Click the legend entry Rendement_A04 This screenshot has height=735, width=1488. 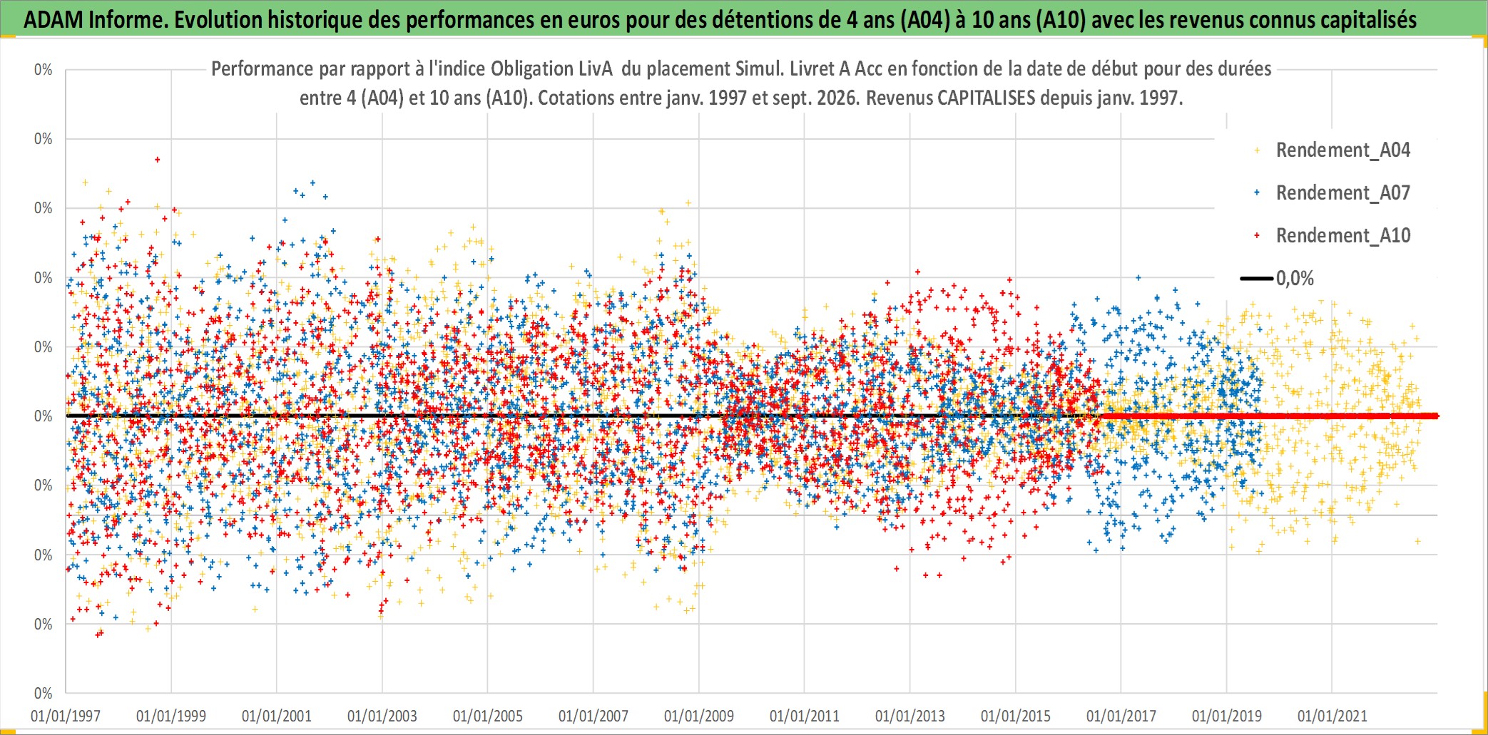(1332, 150)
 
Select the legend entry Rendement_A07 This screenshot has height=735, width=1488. (1332, 192)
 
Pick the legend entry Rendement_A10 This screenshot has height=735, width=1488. (1332, 235)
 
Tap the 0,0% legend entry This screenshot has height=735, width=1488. (1277, 278)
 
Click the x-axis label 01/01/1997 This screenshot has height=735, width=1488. (66, 716)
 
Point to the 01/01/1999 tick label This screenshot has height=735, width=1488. (171, 716)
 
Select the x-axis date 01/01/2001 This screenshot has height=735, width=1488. (277, 716)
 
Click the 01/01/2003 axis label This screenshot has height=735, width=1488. (382, 716)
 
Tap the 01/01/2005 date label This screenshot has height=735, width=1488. (488, 716)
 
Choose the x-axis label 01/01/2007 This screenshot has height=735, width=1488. (593, 716)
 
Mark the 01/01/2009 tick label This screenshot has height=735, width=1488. (699, 716)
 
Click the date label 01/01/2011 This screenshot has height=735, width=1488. (805, 716)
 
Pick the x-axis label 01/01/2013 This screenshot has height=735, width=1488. (910, 716)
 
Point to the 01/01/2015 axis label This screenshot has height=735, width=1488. (1016, 716)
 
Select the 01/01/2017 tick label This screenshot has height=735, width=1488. (1121, 716)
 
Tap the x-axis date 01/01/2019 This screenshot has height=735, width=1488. (1227, 716)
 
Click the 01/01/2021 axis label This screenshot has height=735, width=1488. (1332, 716)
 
